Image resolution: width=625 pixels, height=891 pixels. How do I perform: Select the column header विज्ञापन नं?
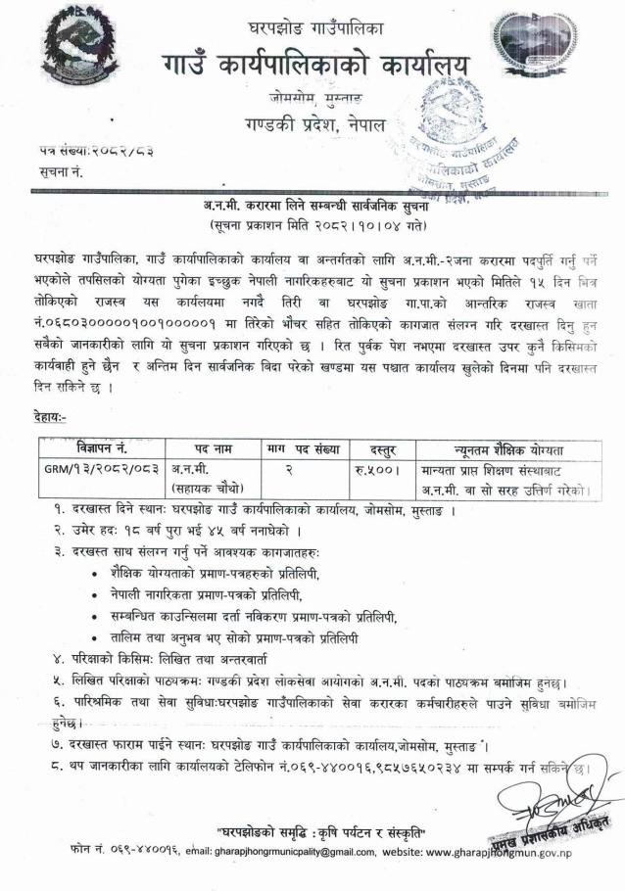click(101, 448)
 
